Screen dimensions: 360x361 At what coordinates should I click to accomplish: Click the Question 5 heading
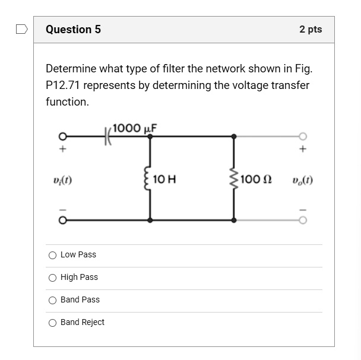tap(73, 30)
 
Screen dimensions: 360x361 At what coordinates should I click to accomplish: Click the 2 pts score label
tap(311, 30)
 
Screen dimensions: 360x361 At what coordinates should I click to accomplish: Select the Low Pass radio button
tap(53, 255)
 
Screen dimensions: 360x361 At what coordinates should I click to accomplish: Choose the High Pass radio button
tap(53, 278)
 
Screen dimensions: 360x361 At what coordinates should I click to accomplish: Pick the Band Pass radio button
tap(53, 300)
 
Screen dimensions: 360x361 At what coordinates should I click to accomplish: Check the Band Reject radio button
tap(53, 323)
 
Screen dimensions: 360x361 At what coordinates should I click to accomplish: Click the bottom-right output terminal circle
tap(303, 220)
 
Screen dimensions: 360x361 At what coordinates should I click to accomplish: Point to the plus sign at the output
tap(303, 149)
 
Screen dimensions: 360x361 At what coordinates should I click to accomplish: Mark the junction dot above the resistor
tap(234, 136)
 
